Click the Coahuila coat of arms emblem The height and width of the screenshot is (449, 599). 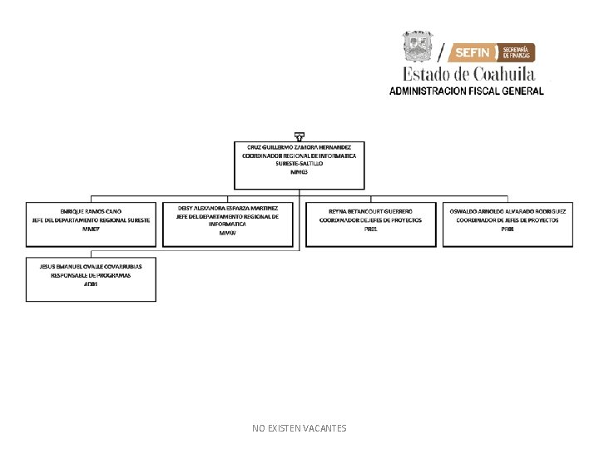tap(418, 47)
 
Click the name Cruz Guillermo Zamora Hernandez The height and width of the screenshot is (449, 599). tap(299, 147)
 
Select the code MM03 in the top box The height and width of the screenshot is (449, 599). tap(299, 171)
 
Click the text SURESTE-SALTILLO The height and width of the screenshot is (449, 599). tap(299, 164)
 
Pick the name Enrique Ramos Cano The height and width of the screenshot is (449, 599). tap(91, 212)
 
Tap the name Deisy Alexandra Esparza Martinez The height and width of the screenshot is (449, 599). tap(227, 208)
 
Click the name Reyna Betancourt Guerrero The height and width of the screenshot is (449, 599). tap(370, 212)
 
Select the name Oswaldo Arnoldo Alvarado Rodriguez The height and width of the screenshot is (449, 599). tap(507, 212)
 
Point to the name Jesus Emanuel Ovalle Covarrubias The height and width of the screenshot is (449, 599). tap(91, 266)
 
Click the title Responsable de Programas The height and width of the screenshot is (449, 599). tap(91, 275)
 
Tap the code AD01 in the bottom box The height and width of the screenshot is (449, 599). tap(91, 284)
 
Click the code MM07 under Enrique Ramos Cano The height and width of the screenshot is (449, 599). tap(91, 229)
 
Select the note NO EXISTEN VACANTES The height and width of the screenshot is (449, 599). tap(299, 428)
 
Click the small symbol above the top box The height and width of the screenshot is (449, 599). tap(299, 136)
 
